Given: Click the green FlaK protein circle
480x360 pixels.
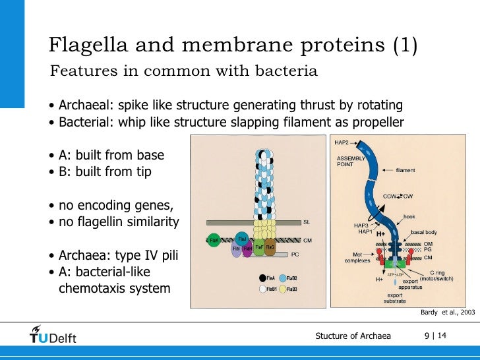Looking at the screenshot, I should (214, 241).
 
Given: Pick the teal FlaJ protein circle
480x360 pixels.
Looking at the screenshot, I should (242, 239).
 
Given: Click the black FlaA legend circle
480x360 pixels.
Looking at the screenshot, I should (262, 278).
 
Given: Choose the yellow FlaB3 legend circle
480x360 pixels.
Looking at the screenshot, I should (284, 289).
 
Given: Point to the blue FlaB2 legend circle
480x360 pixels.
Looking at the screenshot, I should (284, 278).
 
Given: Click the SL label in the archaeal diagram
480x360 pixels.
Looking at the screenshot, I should (306, 222).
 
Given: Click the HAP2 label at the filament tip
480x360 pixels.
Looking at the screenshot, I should (342, 142).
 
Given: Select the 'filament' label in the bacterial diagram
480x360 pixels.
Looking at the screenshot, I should (405, 171).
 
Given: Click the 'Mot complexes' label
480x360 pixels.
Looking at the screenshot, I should (357, 256).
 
